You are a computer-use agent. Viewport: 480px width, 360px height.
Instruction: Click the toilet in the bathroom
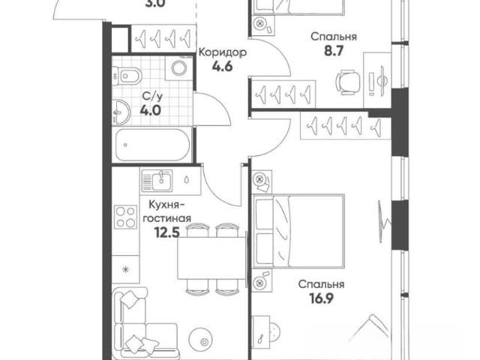pos(127,76)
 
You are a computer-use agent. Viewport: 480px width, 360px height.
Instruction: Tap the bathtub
pos(152,145)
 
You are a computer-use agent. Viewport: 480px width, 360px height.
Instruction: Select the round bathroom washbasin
pos(121,112)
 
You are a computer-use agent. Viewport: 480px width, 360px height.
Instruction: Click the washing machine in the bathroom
pos(178,68)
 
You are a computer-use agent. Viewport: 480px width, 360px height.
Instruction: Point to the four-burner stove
pos(125,217)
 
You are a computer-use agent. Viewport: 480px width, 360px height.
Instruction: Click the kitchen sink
pos(157,181)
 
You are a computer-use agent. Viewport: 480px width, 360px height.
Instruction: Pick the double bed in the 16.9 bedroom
pos(298,231)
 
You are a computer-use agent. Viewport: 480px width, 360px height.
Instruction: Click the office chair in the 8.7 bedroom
pos(348,82)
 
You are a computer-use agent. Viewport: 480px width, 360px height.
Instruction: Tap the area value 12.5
pos(166,232)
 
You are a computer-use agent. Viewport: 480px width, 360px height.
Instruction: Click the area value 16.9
pos(321,298)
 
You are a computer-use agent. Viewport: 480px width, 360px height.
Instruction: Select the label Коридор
pos(223,52)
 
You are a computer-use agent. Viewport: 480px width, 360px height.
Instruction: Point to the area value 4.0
pos(150,110)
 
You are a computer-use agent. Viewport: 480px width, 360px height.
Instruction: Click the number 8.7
pos(334,51)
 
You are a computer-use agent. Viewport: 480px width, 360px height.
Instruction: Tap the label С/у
pos(151,97)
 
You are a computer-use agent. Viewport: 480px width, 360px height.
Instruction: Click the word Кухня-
pos(166,205)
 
